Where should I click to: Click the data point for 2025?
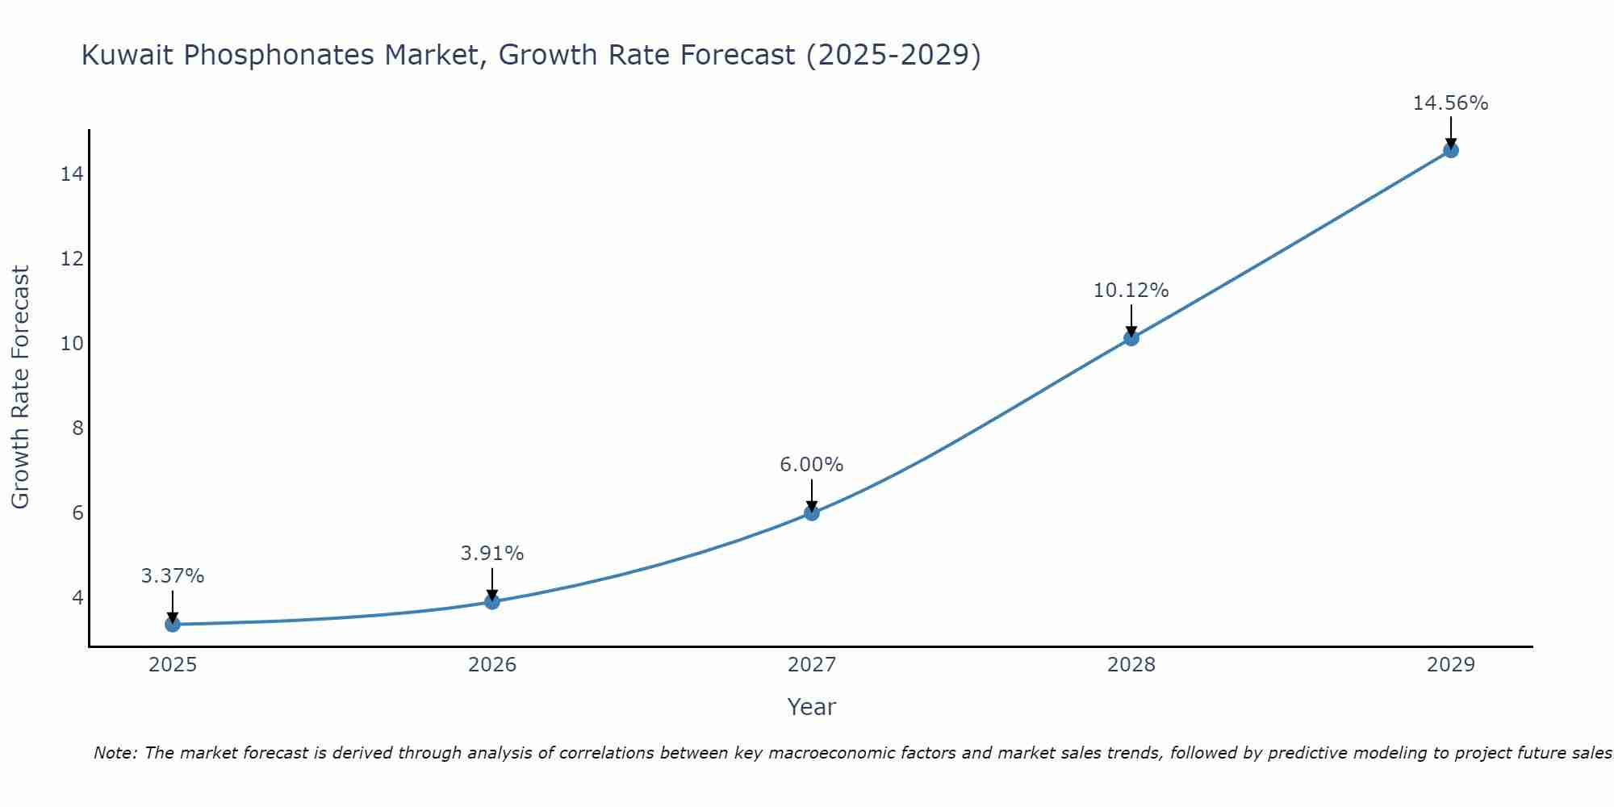[x=173, y=624]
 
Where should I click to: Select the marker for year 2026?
[x=492, y=601]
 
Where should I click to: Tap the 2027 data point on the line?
[x=812, y=512]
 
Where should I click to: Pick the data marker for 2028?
[x=1131, y=338]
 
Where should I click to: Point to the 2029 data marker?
[x=1451, y=150]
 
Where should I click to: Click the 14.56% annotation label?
[x=1450, y=103]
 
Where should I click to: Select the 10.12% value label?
[x=1131, y=291]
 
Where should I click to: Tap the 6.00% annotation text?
[x=811, y=465]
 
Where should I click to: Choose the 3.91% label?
[x=492, y=554]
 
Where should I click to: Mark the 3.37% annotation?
[x=173, y=576]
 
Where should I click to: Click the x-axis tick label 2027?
[x=812, y=665]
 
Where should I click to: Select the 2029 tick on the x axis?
[x=1451, y=665]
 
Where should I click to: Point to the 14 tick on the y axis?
[x=72, y=174]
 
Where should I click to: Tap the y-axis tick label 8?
[x=77, y=428]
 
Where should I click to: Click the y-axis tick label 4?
[x=77, y=597]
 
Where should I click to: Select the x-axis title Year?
[x=811, y=707]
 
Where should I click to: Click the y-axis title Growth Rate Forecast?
[x=20, y=387]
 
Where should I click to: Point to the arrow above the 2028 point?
[x=1131, y=320]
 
